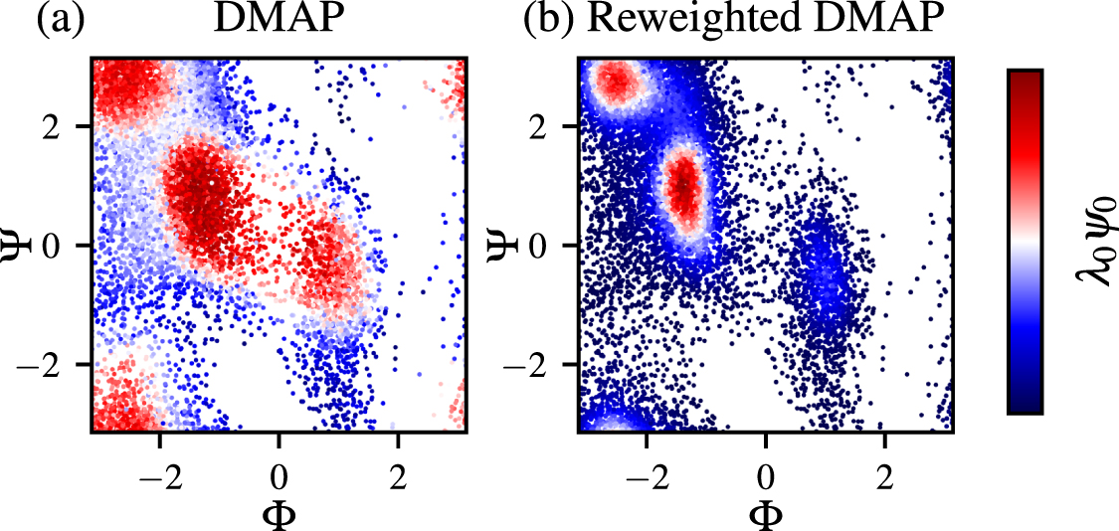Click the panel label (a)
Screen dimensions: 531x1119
tap(59, 21)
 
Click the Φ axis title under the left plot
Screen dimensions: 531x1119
tap(280, 514)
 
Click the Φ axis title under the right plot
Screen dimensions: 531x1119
tap(766, 514)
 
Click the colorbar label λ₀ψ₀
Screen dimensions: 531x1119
tap(1095, 242)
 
